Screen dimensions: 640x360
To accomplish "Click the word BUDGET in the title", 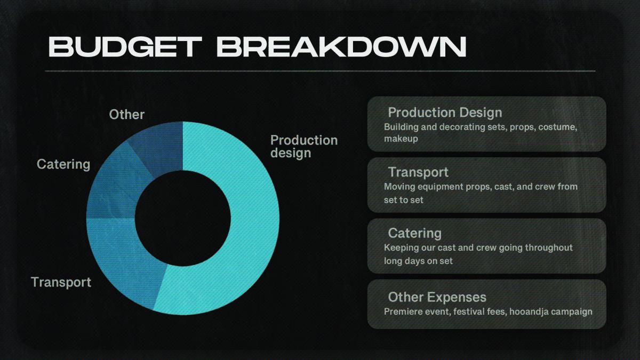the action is (x=125, y=46).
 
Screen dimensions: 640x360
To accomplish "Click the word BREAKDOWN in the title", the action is (x=342, y=46).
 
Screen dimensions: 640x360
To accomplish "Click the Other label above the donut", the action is (x=126, y=115).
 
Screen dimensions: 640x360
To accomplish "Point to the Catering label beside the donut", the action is (x=63, y=165).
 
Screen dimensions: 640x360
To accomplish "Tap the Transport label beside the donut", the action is (x=61, y=282).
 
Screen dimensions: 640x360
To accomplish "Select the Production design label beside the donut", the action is (x=304, y=147).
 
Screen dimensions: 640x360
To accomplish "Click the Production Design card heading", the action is (x=445, y=113).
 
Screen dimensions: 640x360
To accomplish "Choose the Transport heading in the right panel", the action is (x=418, y=172).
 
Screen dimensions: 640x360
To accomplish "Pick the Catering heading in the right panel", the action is (x=415, y=234).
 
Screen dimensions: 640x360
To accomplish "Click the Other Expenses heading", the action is (x=437, y=297).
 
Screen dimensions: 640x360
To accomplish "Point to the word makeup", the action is (x=401, y=139).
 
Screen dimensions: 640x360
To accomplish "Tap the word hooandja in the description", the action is (x=529, y=311).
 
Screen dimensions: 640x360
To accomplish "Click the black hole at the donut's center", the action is (x=183, y=218).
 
